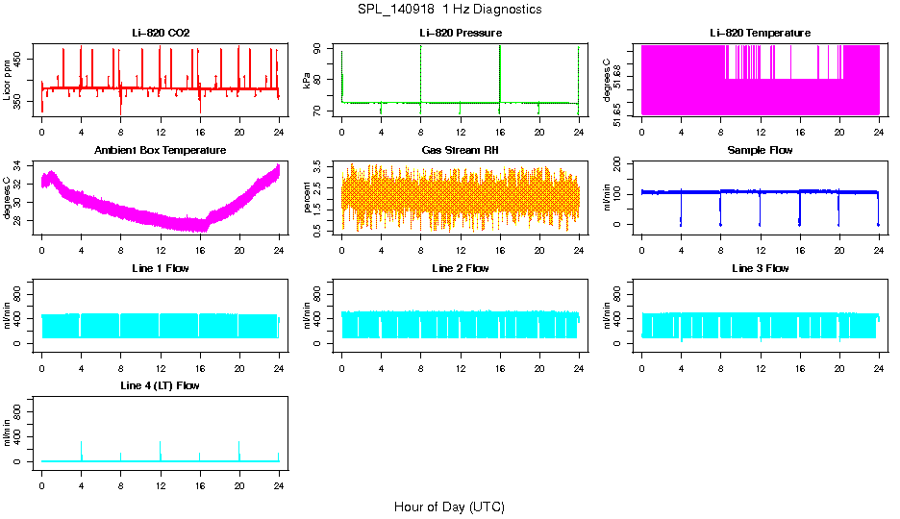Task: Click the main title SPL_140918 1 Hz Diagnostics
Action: click(x=449, y=9)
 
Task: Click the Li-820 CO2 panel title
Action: click(x=161, y=33)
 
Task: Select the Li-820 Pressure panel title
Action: click(x=460, y=33)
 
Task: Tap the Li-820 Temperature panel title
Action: click(x=760, y=33)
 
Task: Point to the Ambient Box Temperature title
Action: click(x=161, y=150)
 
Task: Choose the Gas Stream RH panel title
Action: click(x=460, y=150)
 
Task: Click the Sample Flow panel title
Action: click(x=760, y=150)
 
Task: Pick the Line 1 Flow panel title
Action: click(x=161, y=268)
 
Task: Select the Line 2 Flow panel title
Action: click(x=460, y=268)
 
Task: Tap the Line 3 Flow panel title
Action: click(x=760, y=268)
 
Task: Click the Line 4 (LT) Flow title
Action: click(x=161, y=385)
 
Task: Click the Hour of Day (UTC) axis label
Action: click(x=449, y=507)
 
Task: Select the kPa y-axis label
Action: click(x=308, y=80)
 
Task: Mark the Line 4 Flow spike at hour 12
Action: click(x=161, y=444)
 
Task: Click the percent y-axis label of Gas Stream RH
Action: click(x=308, y=197)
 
